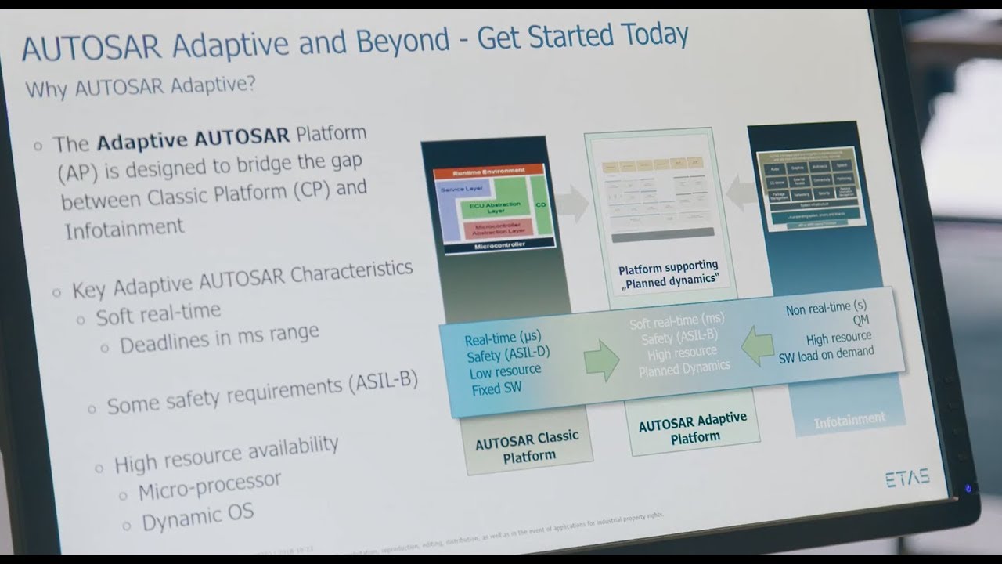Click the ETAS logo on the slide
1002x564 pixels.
[907, 479]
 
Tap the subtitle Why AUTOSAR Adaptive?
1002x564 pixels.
[141, 85]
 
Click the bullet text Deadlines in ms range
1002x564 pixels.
[219, 338]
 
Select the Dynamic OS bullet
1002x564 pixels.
[197, 516]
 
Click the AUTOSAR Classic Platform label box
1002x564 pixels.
[527, 446]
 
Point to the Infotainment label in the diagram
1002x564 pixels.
[849, 419]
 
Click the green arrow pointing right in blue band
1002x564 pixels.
[601, 360]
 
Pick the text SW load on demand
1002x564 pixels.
[826, 353]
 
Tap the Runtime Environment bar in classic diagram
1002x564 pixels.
[488, 170]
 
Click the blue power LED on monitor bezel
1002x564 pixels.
[968, 488]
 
